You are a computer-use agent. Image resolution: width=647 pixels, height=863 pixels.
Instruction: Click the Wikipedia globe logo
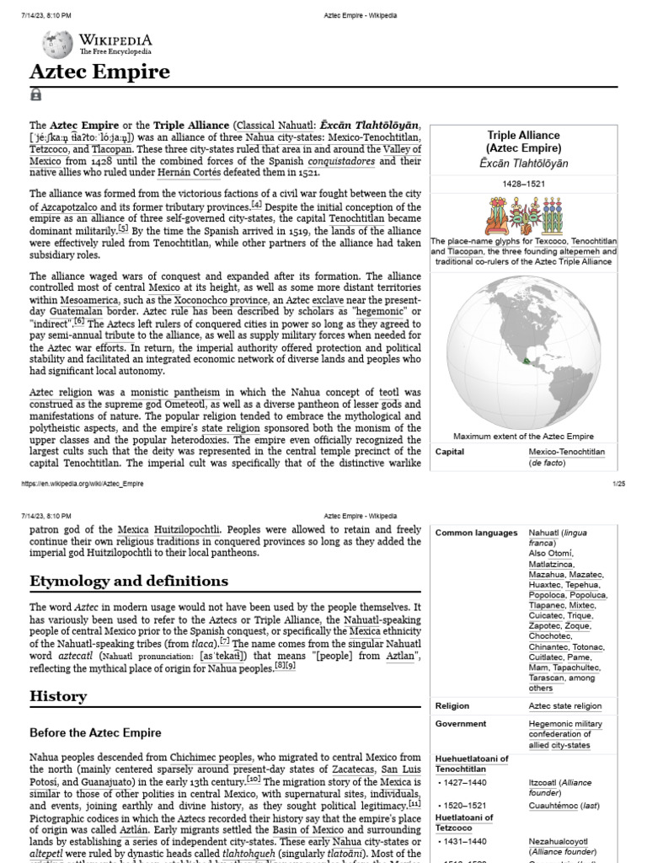coord(57,44)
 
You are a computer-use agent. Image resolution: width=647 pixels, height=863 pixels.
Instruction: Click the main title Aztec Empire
coord(100,72)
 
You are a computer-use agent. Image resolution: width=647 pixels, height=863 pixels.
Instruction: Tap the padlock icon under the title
coord(36,95)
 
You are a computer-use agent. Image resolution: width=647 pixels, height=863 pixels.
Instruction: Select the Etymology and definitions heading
coord(129,581)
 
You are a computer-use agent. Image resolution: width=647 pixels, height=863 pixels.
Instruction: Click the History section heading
coord(58,696)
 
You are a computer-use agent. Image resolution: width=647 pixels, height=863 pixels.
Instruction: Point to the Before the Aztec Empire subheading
coord(95,732)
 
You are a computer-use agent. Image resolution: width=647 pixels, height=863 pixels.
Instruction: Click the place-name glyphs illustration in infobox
coord(523,216)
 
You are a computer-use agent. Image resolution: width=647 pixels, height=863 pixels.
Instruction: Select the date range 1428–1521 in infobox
coord(523,181)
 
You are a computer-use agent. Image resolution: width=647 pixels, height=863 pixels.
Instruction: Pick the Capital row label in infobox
coord(450,452)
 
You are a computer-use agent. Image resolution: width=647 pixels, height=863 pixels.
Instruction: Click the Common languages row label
coord(476,533)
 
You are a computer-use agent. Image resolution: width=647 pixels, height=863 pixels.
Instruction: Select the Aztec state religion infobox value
coord(564,706)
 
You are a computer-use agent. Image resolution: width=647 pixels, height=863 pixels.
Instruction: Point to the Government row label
coord(461,723)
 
